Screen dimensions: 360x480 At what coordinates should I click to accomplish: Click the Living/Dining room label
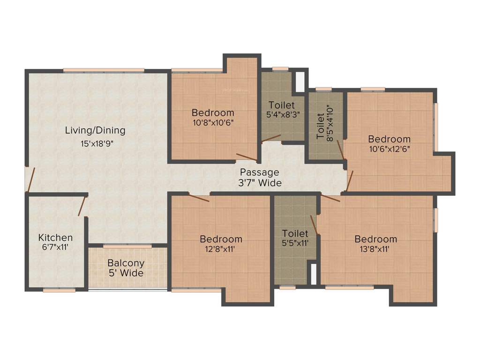coord(95,130)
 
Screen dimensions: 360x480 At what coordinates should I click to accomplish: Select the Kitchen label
coord(55,238)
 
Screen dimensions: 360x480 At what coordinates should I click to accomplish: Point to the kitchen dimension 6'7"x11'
coord(55,247)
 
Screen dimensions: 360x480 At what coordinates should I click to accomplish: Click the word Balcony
coord(126,263)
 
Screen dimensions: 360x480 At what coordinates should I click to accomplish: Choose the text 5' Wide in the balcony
coord(126,273)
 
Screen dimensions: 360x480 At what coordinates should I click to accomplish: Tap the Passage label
coord(259,172)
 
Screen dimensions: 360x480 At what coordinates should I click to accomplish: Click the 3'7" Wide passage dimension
coord(260,182)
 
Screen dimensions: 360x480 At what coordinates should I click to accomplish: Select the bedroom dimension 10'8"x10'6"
coord(213,123)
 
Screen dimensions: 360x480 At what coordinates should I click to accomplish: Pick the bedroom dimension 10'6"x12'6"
coord(389,150)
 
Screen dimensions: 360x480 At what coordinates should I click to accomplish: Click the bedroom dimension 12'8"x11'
coord(221,249)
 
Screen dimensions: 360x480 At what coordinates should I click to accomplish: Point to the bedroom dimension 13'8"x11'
coord(375,249)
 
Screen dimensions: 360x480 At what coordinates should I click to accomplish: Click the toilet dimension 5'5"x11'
coord(295,243)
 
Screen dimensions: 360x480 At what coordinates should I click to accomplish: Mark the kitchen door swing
coord(82,206)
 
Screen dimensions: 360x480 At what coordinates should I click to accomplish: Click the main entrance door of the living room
coord(30,179)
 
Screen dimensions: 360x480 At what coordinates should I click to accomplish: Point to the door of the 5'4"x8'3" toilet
coord(271,138)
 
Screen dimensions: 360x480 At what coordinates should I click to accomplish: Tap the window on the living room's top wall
coord(104,70)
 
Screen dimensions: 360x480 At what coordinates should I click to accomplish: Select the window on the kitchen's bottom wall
coord(59,290)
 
